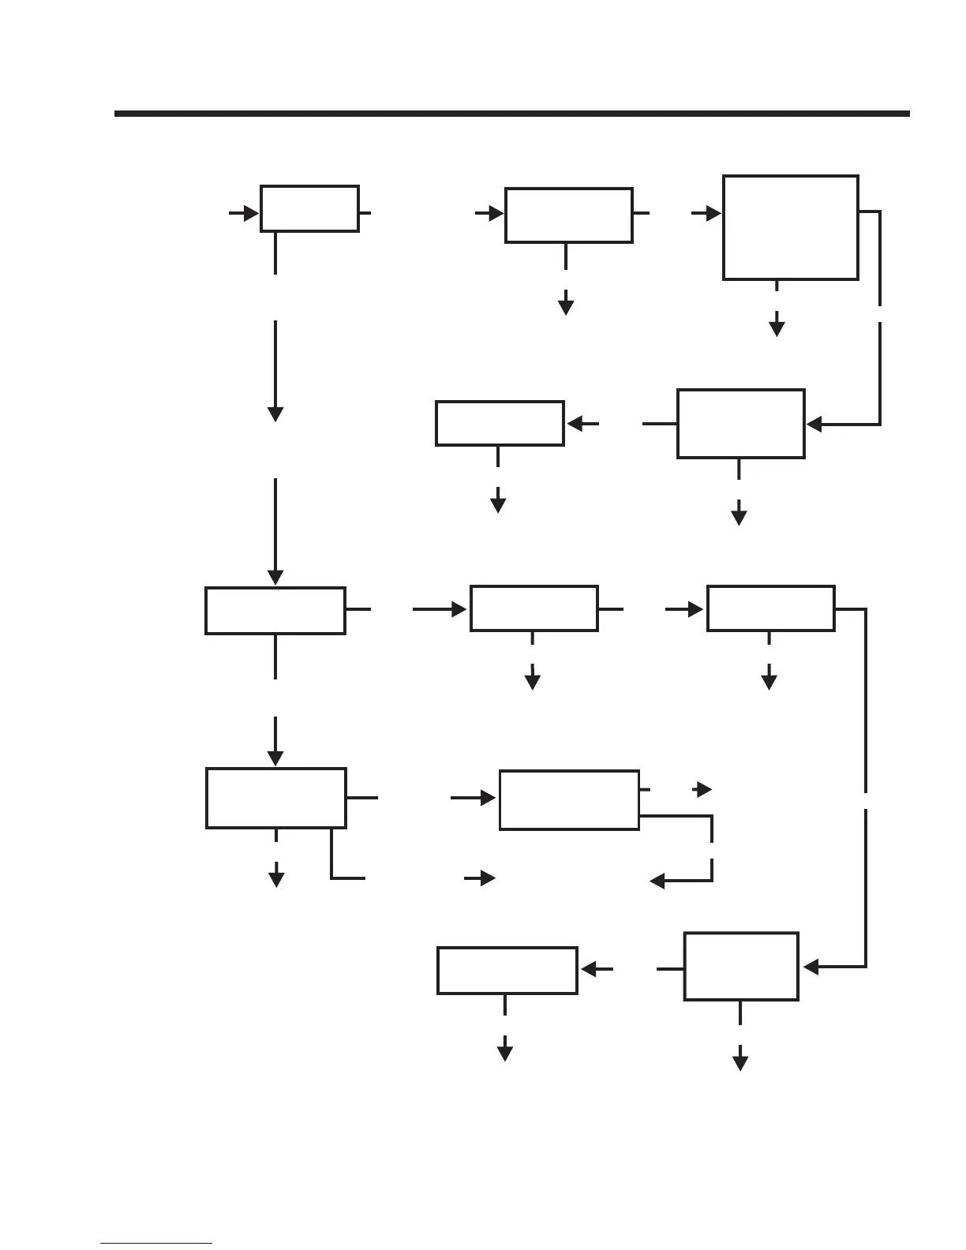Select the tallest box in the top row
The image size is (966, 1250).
pos(790,227)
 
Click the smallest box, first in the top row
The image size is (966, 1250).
pos(309,209)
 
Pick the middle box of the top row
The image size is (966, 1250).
pos(568,215)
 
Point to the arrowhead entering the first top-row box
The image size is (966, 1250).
pos(252,213)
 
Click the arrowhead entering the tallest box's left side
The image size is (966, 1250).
pos(713,213)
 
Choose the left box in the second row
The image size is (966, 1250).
pos(500,423)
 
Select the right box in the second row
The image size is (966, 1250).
pos(740,423)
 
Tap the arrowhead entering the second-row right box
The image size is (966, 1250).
pos(814,424)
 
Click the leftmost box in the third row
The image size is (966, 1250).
pos(275,610)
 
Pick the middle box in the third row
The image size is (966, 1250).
pos(534,608)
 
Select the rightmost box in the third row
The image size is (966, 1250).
pos(770,608)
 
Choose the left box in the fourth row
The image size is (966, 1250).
pos(275,798)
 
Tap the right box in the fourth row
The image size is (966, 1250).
pos(568,799)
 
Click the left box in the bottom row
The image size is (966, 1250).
pos(507,971)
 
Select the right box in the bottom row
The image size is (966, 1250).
pos(740,967)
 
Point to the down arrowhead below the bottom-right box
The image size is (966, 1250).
pos(740,1063)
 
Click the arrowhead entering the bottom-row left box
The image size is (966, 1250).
pos(588,968)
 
